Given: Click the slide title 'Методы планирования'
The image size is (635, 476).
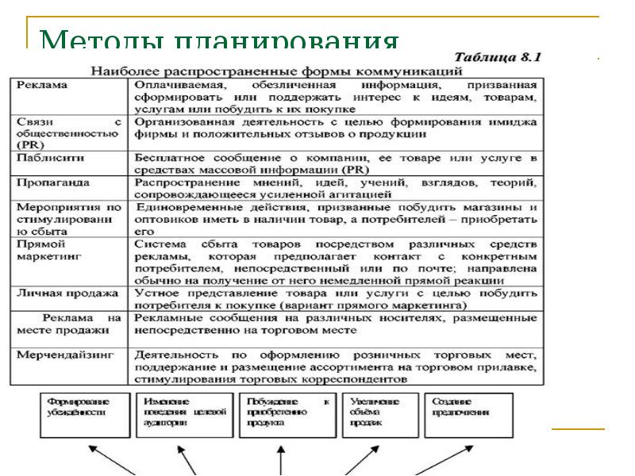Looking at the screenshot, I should [x=218, y=41].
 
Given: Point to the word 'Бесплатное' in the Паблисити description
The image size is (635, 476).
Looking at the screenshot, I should [x=167, y=158].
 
